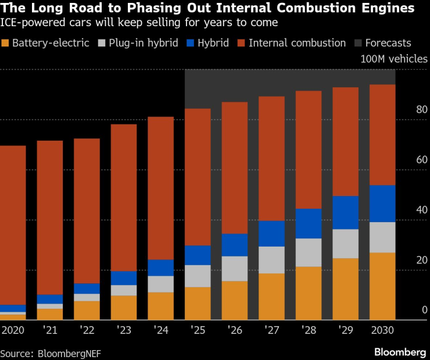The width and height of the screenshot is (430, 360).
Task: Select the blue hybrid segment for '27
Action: [271, 233]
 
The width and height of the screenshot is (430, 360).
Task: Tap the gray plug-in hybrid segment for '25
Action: [198, 276]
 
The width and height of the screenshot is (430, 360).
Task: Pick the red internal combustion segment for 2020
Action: [13, 224]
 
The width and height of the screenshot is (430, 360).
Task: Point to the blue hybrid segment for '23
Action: [124, 277]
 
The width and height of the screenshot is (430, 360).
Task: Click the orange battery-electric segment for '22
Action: [87, 310]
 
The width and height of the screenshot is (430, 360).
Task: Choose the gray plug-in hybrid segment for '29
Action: [346, 243]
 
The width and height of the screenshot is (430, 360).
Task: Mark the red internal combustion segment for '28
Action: [309, 149]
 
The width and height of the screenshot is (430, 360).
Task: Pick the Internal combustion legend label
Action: [297, 43]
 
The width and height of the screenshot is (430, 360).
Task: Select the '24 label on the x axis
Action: [161, 330]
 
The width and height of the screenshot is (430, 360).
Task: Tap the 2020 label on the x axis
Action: [12, 330]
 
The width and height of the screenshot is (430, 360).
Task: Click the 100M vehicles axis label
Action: [394, 59]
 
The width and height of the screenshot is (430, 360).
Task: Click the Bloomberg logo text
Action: [400, 352]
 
